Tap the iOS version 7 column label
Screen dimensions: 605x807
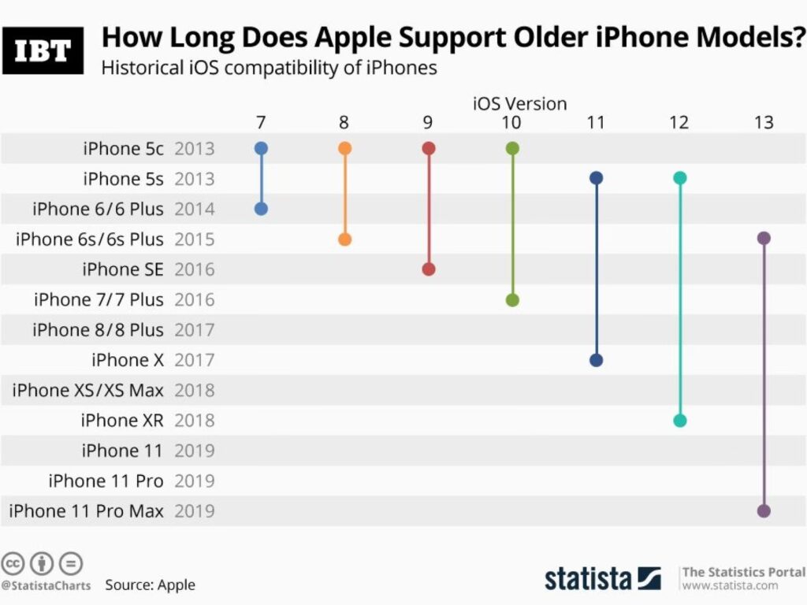tap(261, 122)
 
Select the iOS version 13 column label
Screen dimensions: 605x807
tap(763, 122)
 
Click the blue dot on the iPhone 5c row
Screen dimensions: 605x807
tap(262, 148)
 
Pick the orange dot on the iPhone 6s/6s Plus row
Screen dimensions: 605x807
tap(344, 239)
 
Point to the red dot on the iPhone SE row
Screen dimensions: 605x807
tap(429, 269)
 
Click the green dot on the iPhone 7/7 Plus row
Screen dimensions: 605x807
tap(512, 299)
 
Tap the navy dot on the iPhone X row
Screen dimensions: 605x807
tap(596, 360)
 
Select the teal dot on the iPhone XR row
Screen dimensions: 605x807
tap(679, 421)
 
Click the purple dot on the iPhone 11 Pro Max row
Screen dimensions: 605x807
tap(763, 510)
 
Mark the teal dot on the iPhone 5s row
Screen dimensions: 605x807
tap(679, 178)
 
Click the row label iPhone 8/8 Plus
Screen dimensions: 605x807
tap(98, 330)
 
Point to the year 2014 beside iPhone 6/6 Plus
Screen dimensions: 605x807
tap(194, 209)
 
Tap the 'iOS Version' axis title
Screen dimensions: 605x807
tap(519, 103)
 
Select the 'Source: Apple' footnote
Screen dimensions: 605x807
tap(150, 585)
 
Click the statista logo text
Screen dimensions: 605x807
tap(588, 578)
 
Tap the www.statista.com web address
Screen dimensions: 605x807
tap(730, 585)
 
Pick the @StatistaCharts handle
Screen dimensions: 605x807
tap(46, 585)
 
